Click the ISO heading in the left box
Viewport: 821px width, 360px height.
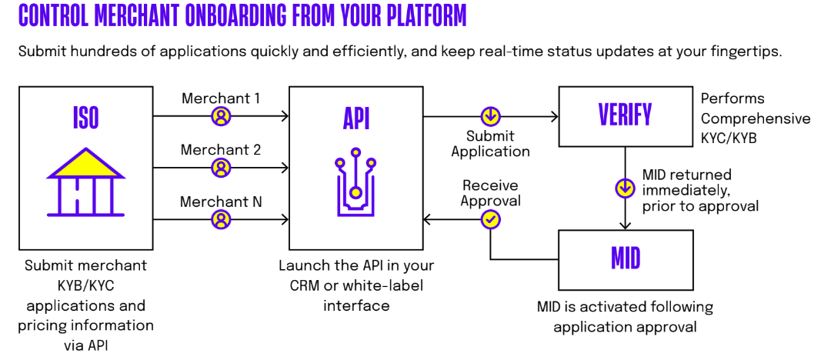(x=85, y=117)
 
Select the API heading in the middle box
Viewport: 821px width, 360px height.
(x=355, y=117)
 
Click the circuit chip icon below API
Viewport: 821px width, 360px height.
(x=355, y=186)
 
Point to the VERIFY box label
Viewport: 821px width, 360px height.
(x=625, y=115)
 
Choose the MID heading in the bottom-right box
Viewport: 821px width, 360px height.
(x=625, y=258)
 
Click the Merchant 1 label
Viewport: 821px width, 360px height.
(x=220, y=98)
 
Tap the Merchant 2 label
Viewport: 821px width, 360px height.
(x=220, y=150)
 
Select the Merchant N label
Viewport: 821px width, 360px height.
(x=221, y=202)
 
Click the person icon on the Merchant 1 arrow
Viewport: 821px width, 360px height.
(x=221, y=117)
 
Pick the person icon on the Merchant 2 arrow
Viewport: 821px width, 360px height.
(x=221, y=168)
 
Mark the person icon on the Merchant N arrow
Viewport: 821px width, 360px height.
(x=221, y=220)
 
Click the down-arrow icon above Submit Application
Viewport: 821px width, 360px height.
(x=490, y=117)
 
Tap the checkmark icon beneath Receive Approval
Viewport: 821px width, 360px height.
(x=490, y=220)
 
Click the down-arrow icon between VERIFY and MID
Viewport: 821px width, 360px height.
(x=626, y=188)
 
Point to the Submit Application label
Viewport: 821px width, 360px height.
(x=490, y=144)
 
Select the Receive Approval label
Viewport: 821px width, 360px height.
(x=490, y=193)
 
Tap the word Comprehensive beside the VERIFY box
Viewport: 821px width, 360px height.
(x=755, y=118)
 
